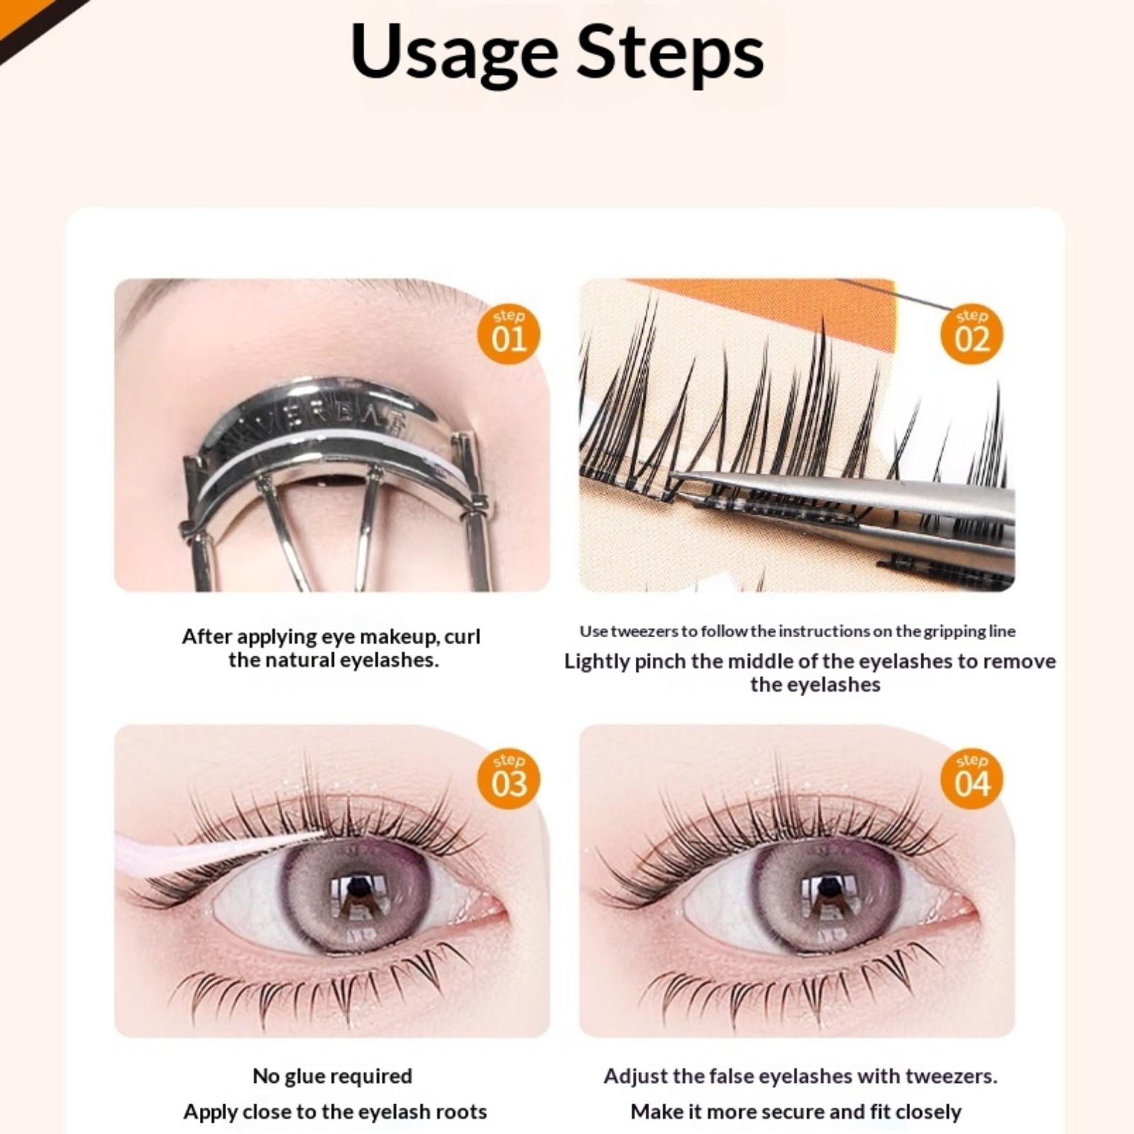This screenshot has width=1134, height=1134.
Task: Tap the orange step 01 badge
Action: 509,335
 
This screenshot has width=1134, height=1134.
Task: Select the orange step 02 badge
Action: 971,335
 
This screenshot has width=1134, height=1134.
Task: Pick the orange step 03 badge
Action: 509,780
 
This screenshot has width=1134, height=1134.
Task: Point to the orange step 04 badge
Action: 971,780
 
